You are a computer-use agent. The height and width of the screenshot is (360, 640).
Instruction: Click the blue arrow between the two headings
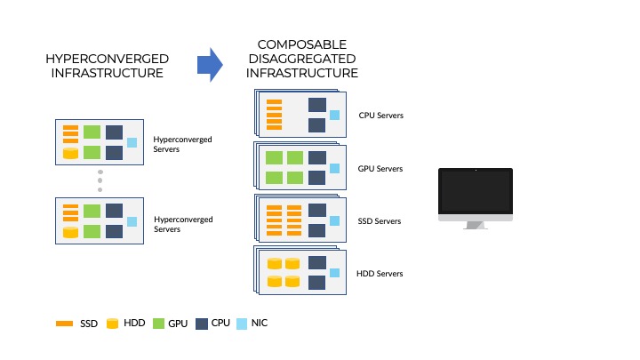(209, 64)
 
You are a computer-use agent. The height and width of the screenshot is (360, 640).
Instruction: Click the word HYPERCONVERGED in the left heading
(107, 58)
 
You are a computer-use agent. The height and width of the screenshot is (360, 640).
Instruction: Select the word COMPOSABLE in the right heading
(301, 44)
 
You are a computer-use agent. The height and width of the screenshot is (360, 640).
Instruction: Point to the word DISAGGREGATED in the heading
(302, 59)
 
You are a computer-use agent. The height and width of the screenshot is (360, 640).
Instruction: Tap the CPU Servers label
(380, 116)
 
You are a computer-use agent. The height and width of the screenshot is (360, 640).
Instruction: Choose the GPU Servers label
(380, 168)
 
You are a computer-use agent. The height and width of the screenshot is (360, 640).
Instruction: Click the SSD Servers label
(380, 220)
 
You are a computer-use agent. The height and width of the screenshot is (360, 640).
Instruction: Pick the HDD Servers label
(380, 273)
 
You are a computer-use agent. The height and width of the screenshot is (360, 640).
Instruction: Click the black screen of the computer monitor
(475, 191)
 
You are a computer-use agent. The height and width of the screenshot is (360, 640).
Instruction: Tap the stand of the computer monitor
(475, 225)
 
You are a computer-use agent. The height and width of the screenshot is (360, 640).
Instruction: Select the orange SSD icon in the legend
(64, 324)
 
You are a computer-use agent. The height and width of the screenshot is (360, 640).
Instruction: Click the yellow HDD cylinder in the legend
(112, 324)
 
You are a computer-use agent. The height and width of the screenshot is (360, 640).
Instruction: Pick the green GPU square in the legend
(160, 324)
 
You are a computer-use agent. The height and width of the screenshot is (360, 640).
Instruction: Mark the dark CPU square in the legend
(201, 324)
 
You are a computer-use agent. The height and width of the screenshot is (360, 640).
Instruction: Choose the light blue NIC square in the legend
(242, 324)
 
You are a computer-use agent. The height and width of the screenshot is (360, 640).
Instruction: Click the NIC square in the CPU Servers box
(334, 115)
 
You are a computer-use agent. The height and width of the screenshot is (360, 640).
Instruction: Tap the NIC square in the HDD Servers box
(334, 273)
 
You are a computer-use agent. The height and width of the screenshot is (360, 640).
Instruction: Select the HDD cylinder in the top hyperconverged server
(69, 153)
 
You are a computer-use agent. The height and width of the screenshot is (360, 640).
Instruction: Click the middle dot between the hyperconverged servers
(100, 180)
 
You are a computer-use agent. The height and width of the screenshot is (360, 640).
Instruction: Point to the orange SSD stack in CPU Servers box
(274, 114)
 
